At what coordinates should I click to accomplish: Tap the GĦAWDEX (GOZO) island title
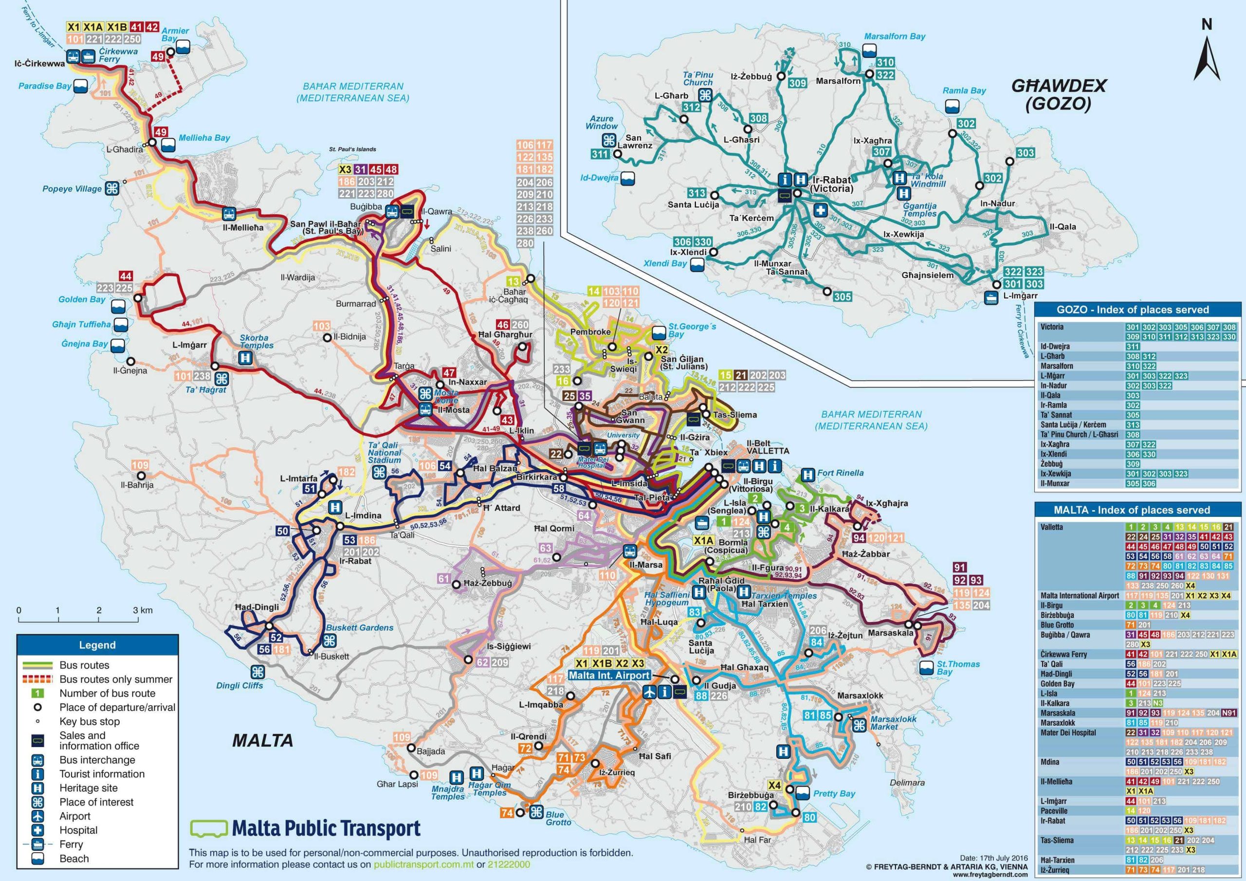click(1058, 94)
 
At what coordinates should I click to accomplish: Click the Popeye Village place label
click(72, 189)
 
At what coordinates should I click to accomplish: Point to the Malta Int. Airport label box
click(609, 675)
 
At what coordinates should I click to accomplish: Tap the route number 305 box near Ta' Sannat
click(842, 296)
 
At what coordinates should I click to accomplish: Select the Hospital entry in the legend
click(78, 830)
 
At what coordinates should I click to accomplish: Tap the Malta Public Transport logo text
click(326, 829)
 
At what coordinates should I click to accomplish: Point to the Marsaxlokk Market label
click(893, 722)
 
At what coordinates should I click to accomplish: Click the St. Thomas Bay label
click(958, 668)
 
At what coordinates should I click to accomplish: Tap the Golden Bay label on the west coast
click(82, 299)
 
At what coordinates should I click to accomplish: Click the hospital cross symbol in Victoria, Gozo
click(821, 211)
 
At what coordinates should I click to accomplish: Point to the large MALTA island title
click(263, 740)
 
